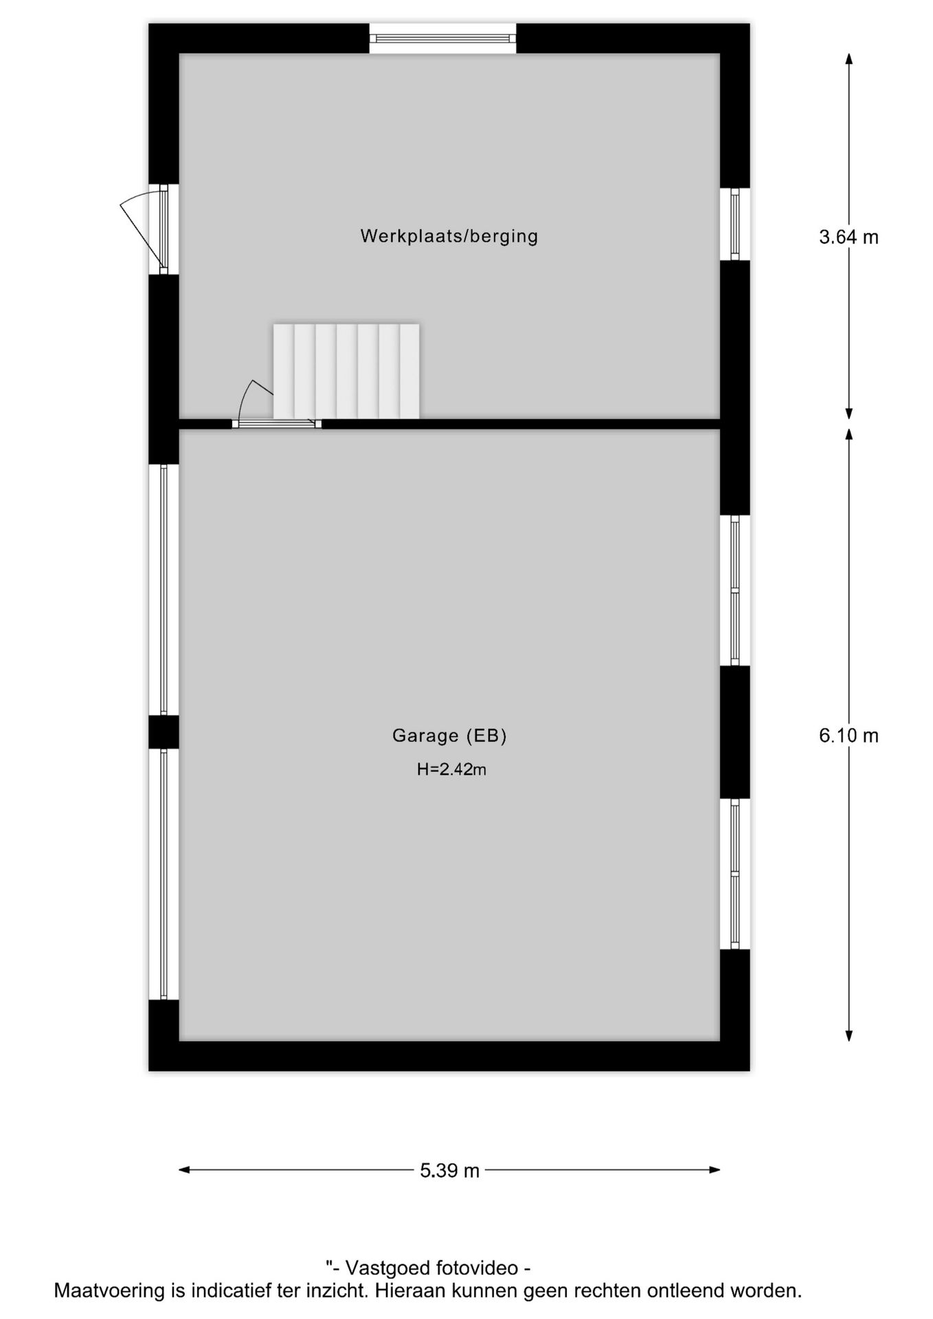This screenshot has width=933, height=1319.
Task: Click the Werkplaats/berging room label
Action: pyautogui.click(x=449, y=236)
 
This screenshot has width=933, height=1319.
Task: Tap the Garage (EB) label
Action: pyautogui.click(x=449, y=736)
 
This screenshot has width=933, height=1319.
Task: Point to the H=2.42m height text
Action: pyautogui.click(x=451, y=769)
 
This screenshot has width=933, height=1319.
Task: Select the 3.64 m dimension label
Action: pyautogui.click(x=848, y=237)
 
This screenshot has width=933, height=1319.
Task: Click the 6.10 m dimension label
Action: pyautogui.click(x=848, y=736)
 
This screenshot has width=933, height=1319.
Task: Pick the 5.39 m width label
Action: pyautogui.click(x=449, y=1171)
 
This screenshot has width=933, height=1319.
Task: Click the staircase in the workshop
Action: pyautogui.click(x=346, y=371)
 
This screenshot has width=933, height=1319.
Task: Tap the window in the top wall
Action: pyautogui.click(x=442, y=38)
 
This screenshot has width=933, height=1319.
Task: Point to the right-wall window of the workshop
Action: pyautogui.click(x=734, y=224)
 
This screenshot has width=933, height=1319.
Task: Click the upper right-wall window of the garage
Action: pyautogui.click(x=734, y=590)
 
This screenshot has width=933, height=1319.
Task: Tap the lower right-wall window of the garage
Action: pyautogui.click(x=734, y=874)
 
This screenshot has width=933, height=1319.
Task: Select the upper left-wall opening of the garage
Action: pyautogui.click(x=164, y=589)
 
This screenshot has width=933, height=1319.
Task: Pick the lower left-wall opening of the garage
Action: pyautogui.click(x=164, y=874)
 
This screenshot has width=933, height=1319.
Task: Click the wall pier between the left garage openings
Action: pyautogui.click(x=164, y=732)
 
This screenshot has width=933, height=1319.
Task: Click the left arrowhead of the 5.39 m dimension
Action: pyautogui.click(x=183, y=1170)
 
